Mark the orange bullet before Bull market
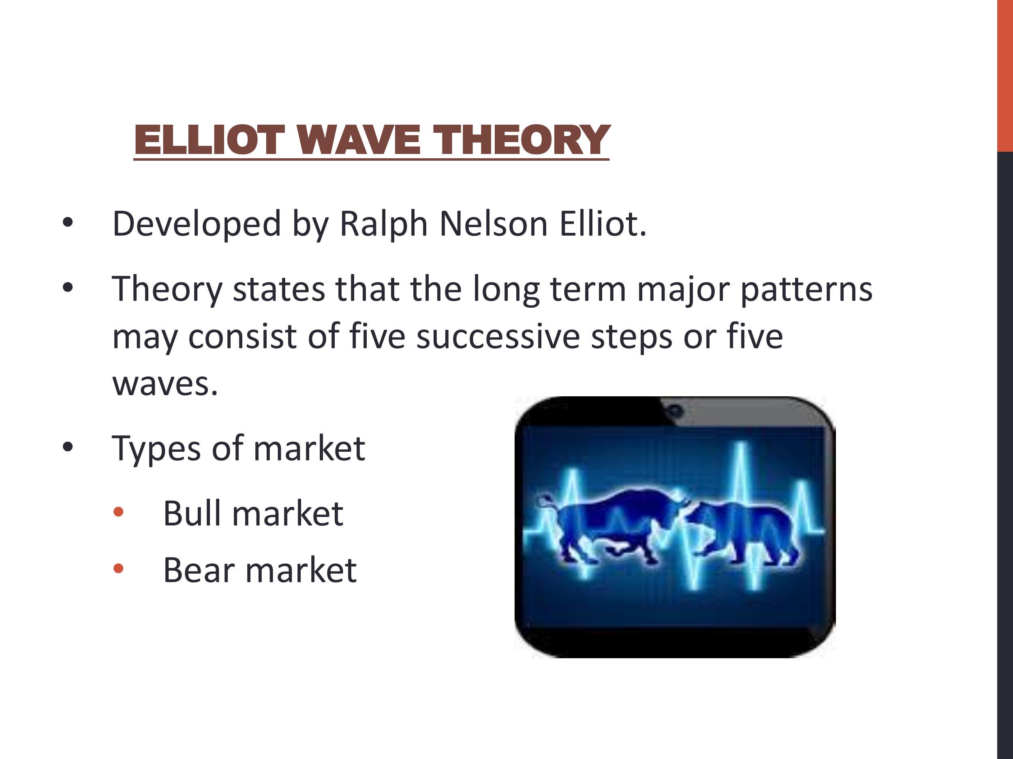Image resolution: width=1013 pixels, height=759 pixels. coord(118,512)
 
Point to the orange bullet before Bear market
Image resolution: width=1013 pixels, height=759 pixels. coord(118,569)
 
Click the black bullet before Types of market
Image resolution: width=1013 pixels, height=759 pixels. coord(68,447)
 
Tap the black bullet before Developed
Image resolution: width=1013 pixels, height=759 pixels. coord(68,223)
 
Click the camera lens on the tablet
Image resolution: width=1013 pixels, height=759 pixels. coord(675,411)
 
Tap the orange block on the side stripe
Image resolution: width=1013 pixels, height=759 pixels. coord(1005,75)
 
